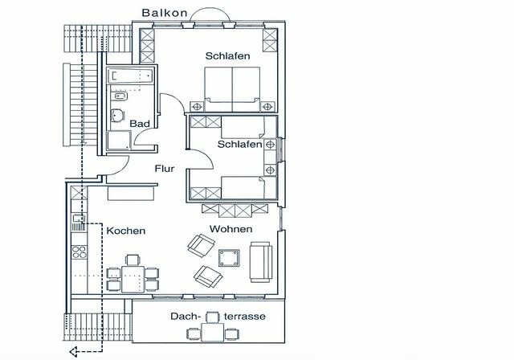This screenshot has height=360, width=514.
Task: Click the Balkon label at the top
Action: point(165,13)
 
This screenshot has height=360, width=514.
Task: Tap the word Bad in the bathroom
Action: point(141,123)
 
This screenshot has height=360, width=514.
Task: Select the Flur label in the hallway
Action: point(165,169)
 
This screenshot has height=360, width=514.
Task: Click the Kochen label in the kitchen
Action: point(125,231)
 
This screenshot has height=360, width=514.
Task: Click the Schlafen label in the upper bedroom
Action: point(227,56)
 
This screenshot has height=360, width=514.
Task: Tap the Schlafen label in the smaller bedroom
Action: point(239,144)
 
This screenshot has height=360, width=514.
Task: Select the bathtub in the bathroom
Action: point(129,76)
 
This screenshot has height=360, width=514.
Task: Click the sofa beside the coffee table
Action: point(261,261)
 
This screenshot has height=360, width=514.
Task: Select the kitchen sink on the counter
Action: point(78,217)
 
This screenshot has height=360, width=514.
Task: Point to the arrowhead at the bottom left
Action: point(72,350)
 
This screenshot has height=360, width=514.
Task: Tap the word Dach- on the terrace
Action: point(184,317)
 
